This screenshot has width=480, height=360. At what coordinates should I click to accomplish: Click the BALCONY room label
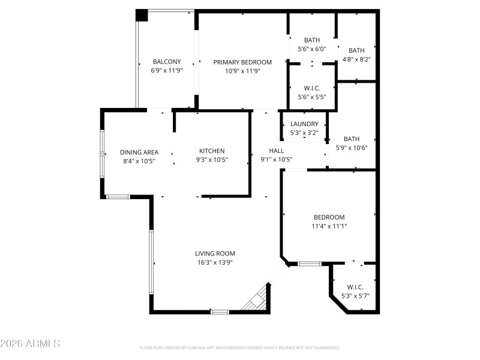(x=166, y=62)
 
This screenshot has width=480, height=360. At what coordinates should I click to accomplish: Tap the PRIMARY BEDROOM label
(x=242, y=62)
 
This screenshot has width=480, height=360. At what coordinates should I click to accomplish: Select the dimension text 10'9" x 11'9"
(x=242, y=70)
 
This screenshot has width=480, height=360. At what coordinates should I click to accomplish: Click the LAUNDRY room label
(x=304, y=124)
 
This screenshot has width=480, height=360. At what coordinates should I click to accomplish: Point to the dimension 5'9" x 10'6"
(x=351, y=148)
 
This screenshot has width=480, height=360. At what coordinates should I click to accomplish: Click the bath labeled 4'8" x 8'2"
(x=356, y=50)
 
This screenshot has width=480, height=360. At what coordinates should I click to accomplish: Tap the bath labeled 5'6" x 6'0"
(x=311, y=40)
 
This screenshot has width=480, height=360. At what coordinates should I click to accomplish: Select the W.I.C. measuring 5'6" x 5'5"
(x=312, y=88)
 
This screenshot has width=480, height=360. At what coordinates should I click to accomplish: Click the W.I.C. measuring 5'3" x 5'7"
(x=355, y=287)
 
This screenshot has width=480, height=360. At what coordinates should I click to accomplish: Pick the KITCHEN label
(x=212, y=151)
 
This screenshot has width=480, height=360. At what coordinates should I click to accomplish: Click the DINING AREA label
(x=139, y=152)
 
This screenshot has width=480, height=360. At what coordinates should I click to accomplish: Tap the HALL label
(x=276, y=151)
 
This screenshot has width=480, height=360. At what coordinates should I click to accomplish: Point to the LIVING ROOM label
(x=215, y=253)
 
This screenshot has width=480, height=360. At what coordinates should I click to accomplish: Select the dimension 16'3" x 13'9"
(x=215, y=262)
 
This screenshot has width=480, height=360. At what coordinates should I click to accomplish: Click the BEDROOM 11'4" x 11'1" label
(x=329, y=217)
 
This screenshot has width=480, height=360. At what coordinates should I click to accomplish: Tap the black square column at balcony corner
(x=141, y=16)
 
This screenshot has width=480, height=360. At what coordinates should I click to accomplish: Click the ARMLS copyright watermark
(x=30, y=344)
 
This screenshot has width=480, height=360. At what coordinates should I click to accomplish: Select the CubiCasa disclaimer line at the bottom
(x=239, y=347)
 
